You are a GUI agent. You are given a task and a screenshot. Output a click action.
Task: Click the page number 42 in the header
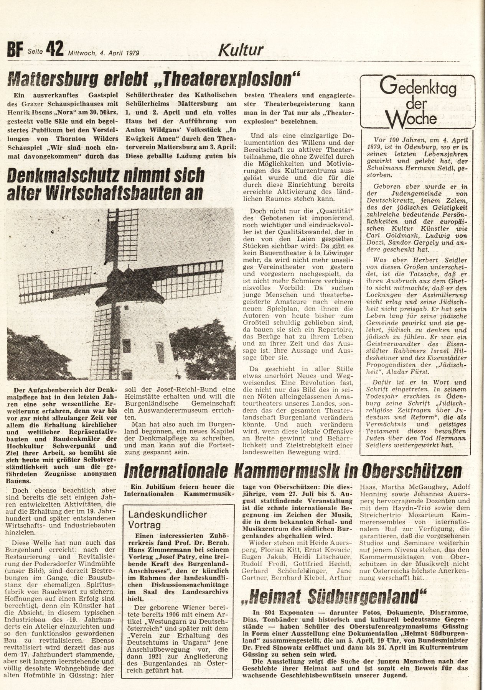point(54,49)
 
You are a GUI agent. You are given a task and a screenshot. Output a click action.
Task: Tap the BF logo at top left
point(16,50)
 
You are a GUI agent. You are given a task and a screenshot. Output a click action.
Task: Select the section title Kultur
point(241,50)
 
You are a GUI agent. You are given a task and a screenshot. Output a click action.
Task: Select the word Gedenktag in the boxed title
point(418,89)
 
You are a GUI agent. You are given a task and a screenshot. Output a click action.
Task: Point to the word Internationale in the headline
point(181,470)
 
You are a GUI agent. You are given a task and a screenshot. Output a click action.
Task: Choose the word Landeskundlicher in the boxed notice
point(168,514)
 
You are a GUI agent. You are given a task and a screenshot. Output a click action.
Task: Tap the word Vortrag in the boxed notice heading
point(145,525)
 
